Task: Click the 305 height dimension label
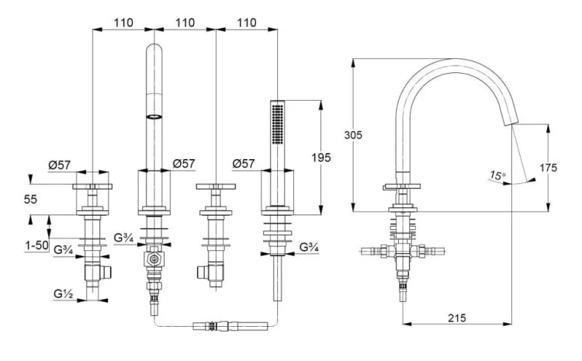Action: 352,135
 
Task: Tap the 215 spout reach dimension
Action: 456,318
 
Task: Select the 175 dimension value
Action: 548,168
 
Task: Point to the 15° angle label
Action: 497,175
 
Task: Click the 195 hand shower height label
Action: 321,158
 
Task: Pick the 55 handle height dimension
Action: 30,200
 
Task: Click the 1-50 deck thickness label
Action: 36,245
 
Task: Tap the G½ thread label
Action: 63,293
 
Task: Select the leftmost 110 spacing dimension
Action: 123,23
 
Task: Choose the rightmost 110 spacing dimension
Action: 247,23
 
